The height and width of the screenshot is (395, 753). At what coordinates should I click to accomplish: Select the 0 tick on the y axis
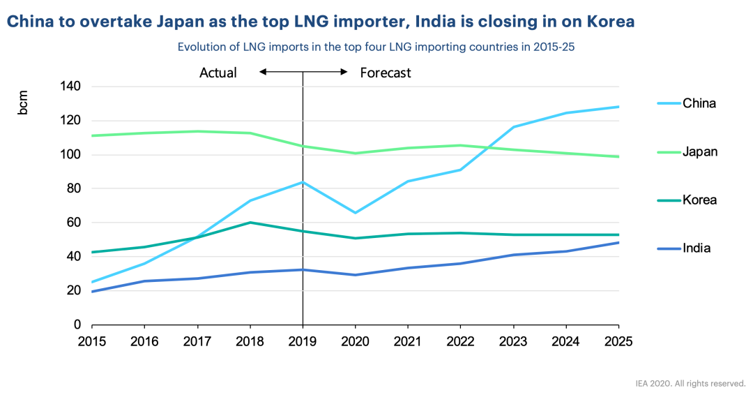(78, 325)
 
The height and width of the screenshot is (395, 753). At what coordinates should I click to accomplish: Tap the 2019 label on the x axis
(303, 341)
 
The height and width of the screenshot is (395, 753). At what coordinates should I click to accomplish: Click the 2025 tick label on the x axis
(618, 341)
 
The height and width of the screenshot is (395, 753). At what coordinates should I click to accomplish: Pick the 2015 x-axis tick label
(92, 341)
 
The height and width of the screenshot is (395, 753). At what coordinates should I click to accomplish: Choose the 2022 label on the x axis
(460, 341)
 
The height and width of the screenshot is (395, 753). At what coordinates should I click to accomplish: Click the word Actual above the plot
(218, 73)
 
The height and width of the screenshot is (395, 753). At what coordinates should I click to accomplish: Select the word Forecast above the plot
(386, 73)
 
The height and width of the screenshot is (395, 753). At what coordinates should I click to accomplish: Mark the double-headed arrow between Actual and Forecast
(303, 72)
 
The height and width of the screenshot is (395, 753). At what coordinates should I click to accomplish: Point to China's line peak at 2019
(303, 182)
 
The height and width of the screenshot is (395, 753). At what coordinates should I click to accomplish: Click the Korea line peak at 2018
(250, 223)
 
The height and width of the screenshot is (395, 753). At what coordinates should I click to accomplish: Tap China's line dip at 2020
(355, 213)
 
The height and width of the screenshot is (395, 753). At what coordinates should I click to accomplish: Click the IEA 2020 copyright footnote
(690, 383)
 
